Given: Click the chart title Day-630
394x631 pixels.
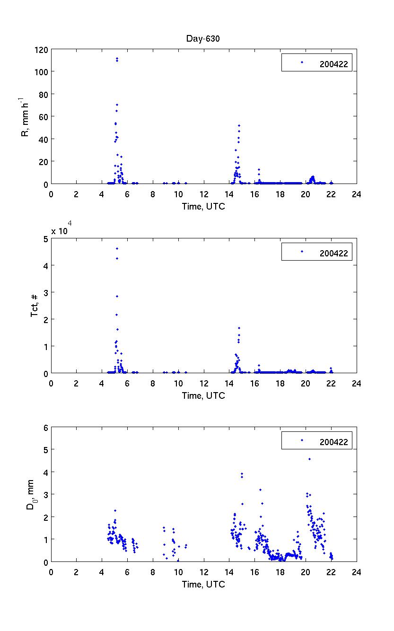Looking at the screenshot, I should (x=203, y=39).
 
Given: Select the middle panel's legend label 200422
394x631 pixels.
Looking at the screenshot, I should (x=333, y=254).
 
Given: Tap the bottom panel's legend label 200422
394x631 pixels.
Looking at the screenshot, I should (x=333, y=442).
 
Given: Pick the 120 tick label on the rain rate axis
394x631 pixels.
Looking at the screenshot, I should (x=41, y=49).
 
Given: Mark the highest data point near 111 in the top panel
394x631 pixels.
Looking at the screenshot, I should (x=117, y=59).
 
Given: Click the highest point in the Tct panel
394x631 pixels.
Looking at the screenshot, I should (x=117, y=248).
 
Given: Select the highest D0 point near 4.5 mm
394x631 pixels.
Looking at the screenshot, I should (x=309, y=459).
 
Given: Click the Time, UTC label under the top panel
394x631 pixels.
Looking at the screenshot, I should (x=203, y=206).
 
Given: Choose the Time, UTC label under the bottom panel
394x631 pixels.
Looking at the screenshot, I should (x=203, y=584).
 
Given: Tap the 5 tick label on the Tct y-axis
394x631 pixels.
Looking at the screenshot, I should (x=45, y=238).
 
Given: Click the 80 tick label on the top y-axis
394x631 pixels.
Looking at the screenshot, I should (x=43, y=94).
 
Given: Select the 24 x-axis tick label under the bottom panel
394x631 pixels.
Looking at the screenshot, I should (x=357, y=571).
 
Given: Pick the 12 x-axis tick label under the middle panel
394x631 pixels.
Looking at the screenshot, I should (x=203, y=383).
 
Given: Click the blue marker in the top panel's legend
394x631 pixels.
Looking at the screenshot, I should (x=302, y=62).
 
